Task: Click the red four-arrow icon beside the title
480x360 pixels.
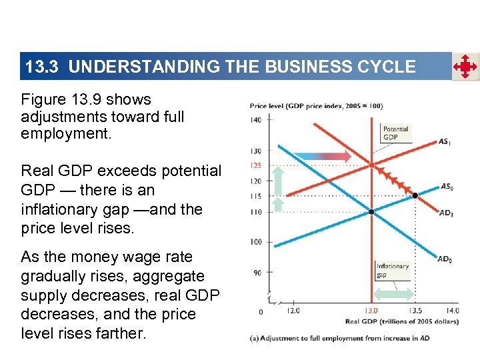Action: pos(465,67)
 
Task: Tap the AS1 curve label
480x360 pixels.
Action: pos(444,141)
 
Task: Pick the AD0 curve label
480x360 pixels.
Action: pos(445,259)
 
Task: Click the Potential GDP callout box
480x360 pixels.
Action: pos(396,133)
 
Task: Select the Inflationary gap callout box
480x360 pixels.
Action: pos(393,270)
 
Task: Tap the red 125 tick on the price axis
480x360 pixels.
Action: pos(256,165)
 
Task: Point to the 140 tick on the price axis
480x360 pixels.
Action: pos(256,120)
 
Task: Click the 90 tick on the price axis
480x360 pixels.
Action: pos(257,272)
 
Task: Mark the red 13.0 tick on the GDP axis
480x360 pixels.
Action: pos(371,310)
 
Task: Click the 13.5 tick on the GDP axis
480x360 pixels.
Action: pos(415,310)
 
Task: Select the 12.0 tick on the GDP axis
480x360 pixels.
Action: pos(293,310)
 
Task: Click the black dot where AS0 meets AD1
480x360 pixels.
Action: pos(415,195)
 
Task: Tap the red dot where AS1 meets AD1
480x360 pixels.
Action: pos(371,165)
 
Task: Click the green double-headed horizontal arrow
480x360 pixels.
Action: pos(393,294)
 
